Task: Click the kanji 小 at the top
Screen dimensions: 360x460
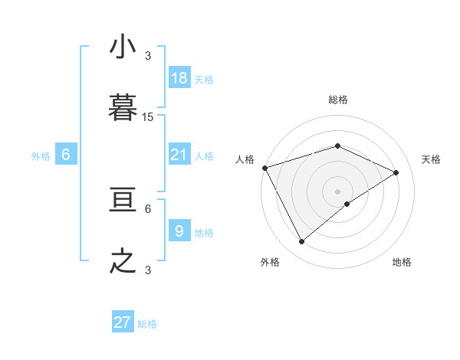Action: click(123, 47)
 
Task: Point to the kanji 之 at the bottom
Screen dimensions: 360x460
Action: click(123, 261)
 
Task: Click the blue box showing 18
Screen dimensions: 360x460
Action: click(179, 78)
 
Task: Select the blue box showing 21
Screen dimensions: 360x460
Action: click(179, 155)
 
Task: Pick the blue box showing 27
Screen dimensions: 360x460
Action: click(123, 322)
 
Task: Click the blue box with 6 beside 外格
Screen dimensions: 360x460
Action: click(66, 155)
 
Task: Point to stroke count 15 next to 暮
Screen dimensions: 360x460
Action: click(148, 117)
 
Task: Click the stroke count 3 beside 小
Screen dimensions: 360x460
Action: click(148, 56)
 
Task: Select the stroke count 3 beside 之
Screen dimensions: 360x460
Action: click(148, 270)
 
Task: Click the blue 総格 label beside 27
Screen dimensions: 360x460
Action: click(147, 324)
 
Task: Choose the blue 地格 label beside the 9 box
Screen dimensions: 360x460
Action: click(204, 233)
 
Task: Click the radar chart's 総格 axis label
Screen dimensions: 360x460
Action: click(337, 100)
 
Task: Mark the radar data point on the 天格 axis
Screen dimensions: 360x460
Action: click(396, 172)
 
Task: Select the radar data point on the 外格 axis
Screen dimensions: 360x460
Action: click(301, 241)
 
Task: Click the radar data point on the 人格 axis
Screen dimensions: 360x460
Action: click(264, 168)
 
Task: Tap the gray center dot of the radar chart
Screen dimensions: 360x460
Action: click(337, 191)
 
